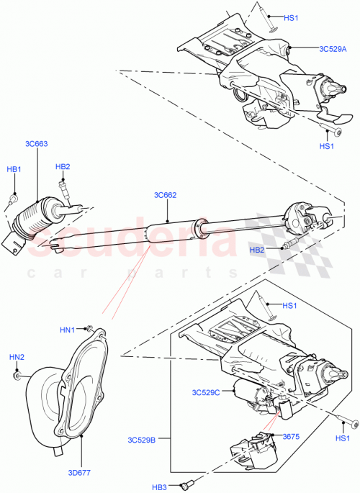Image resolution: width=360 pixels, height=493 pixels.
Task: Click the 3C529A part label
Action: (x=333, y=49)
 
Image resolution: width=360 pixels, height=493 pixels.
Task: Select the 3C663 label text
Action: (x=37, y=144)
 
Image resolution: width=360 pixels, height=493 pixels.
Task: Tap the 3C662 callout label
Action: (x=165, y=195)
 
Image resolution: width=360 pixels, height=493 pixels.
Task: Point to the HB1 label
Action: (x=14, y=169)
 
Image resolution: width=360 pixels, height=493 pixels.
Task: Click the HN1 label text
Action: (x=67, y=330)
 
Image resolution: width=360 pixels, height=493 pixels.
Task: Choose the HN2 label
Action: (x=16, y=357)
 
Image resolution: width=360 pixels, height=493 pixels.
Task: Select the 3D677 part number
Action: (x=78, y=473)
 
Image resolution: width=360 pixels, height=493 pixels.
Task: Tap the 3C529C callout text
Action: (x=206, y=392)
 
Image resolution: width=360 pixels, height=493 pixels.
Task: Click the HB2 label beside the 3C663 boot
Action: (x=63, y=167)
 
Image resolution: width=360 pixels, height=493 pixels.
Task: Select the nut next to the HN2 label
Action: (x=17, y=374)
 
